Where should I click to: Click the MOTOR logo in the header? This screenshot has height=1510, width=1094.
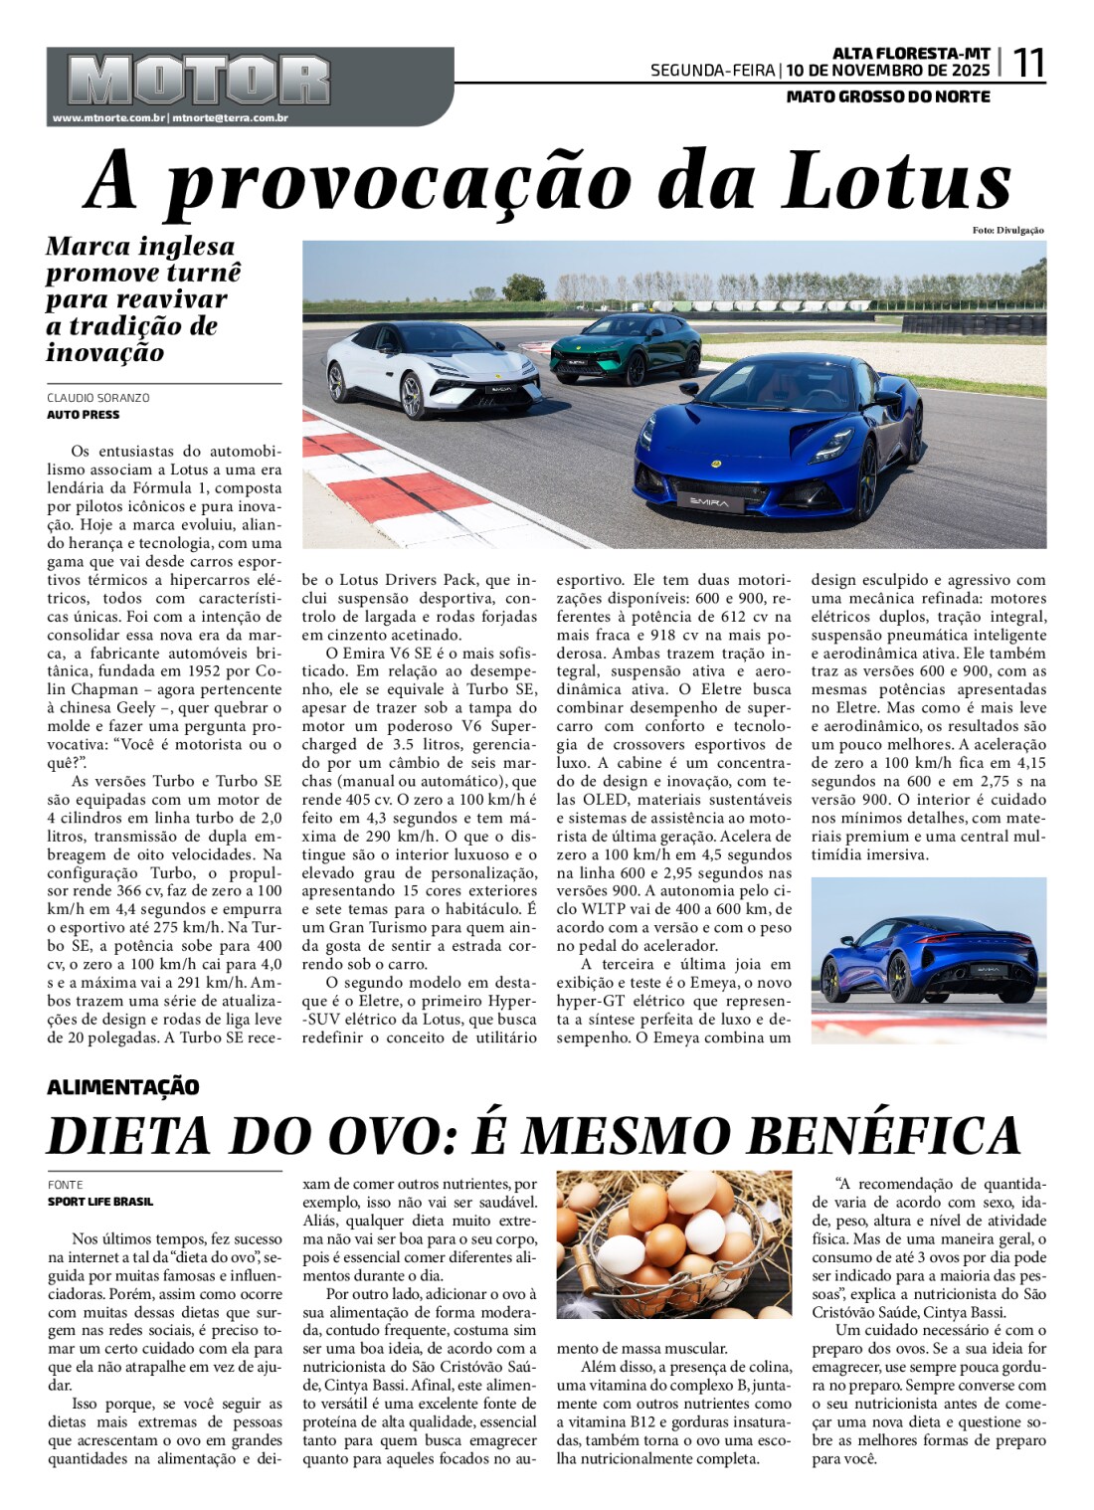(199, 80)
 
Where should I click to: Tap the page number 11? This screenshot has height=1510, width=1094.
(1028, 64)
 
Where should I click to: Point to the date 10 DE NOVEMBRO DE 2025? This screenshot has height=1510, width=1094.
(888, 71)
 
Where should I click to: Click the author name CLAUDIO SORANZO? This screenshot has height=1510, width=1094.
(98, 398)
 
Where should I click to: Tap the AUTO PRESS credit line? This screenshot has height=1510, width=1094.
(84, 415)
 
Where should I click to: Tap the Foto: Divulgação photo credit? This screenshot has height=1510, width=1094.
(1008, 231)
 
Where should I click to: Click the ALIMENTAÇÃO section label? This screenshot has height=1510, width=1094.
(123, 1087)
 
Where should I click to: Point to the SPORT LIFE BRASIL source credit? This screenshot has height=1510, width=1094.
(100, 1202)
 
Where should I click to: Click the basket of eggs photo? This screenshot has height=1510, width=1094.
(673, 1244)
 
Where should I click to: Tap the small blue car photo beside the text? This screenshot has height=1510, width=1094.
(928, 959)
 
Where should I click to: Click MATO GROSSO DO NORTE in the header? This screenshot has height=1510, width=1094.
(888, 96)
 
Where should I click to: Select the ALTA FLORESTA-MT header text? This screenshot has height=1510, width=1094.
(911, 53)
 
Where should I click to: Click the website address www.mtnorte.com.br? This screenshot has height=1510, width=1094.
(108, 118)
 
